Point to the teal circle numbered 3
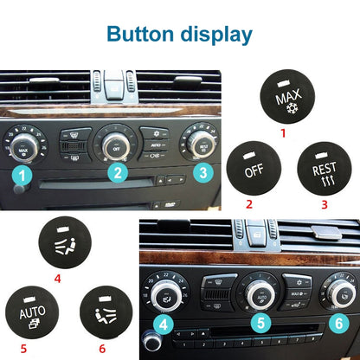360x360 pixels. pyautogui.click(x=202, y=174)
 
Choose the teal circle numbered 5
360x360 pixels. pyautogui.click(x=258, y=325)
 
